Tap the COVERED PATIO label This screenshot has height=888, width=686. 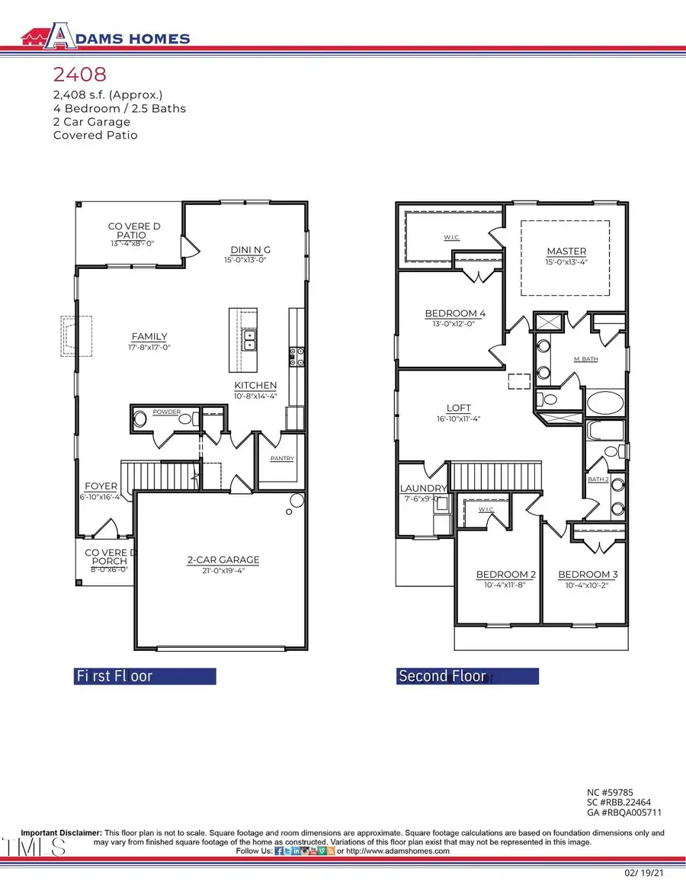(130, 231)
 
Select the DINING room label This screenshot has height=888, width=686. (251, 249)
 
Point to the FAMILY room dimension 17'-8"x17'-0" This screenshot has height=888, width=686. (149, 347)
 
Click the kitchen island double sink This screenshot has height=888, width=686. (248, 340)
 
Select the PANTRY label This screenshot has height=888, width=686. (281, 459)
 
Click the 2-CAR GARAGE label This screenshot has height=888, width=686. (223, 559)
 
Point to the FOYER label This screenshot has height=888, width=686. (101, 486)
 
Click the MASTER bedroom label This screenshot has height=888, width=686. (566, 252)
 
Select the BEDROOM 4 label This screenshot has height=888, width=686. (454, 313)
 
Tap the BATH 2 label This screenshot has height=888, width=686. (597, 479)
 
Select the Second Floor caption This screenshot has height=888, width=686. (442, 676)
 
